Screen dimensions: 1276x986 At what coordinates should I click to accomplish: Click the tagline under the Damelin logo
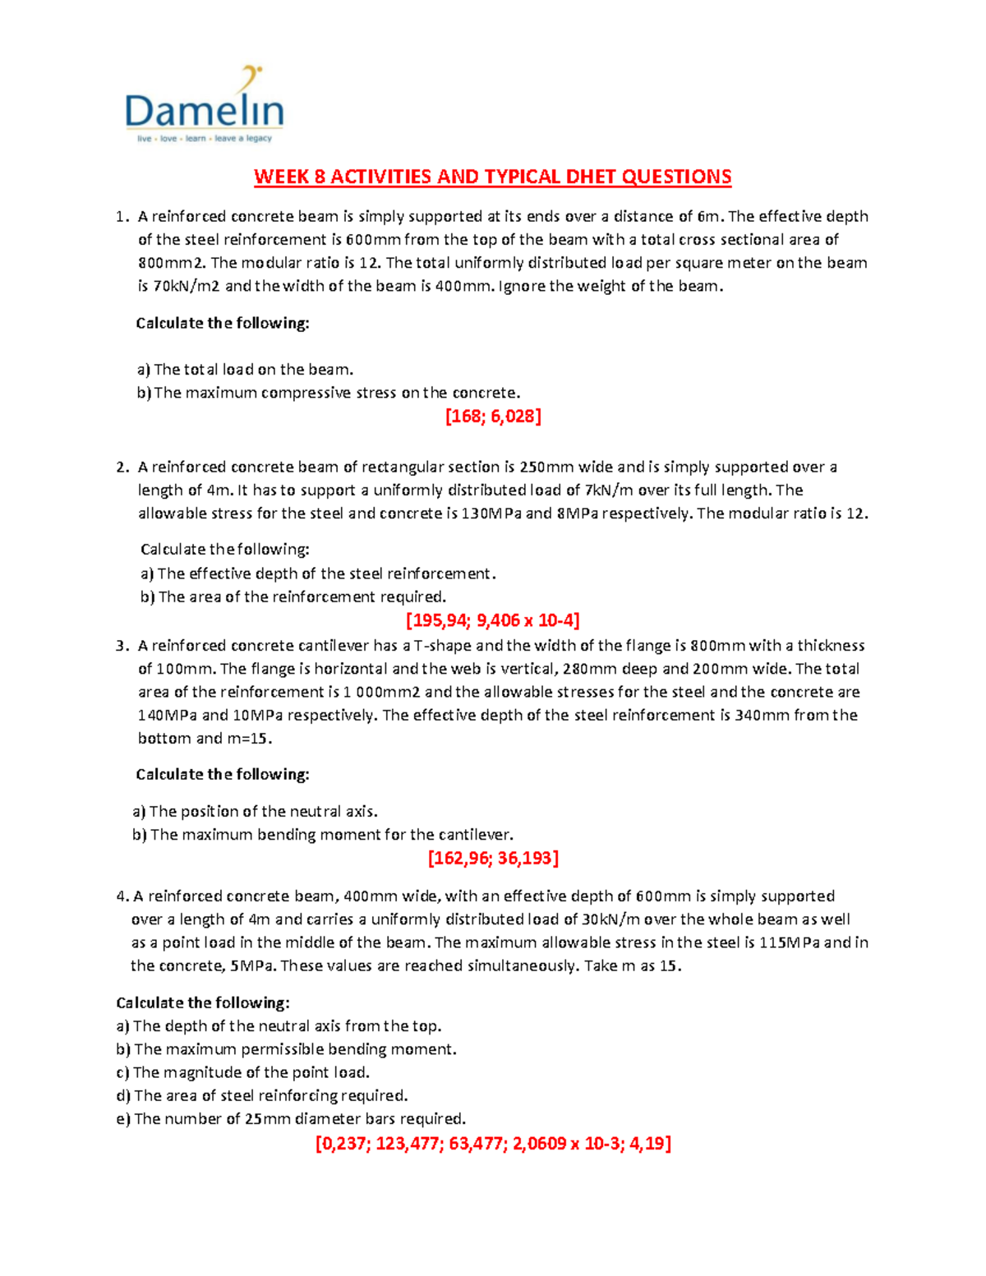(x=204, y=139)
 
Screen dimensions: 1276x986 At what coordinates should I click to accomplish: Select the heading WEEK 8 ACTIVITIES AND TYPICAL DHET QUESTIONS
(x=492, y=177)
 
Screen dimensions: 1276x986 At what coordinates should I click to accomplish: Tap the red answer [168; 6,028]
(x=493, y=417)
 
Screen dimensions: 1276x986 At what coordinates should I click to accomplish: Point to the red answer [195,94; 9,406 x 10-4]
(x=493, y=620)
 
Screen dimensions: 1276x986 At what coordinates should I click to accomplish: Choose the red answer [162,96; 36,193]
(x=493, y=859)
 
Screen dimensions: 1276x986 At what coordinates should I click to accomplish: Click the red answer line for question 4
(x=493, y=1144)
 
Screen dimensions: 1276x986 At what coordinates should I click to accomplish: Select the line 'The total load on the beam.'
(x=245, y=370)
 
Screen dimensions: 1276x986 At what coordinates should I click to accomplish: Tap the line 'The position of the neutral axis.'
(x=255, y=812)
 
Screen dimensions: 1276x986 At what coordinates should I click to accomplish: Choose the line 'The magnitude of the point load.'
(x=243, y=1073)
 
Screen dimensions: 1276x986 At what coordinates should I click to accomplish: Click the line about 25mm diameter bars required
(x=291, y=1119)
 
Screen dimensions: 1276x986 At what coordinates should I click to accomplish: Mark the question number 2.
(x=122, y=468)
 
